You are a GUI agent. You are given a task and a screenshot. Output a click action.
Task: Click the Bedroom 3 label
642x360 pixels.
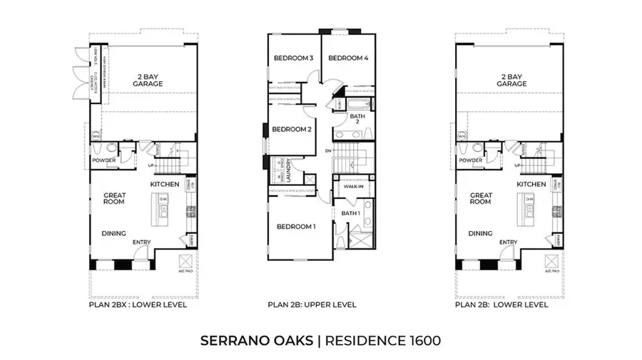(294, 58)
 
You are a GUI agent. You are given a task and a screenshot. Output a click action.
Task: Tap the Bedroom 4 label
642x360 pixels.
(347, 58)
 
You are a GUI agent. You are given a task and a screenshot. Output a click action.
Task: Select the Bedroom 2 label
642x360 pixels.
(292, 130)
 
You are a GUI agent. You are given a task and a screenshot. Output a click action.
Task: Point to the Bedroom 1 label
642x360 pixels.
(295, 227)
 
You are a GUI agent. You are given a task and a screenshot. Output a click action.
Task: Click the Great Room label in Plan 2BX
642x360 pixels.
(114, 198)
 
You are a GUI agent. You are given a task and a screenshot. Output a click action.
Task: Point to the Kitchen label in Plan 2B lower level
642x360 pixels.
(531, 185)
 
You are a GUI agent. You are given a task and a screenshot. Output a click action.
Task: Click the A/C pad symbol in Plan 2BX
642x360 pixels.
(185, 261)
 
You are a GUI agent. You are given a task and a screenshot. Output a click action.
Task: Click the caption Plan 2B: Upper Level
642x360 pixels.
(312, 305)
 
